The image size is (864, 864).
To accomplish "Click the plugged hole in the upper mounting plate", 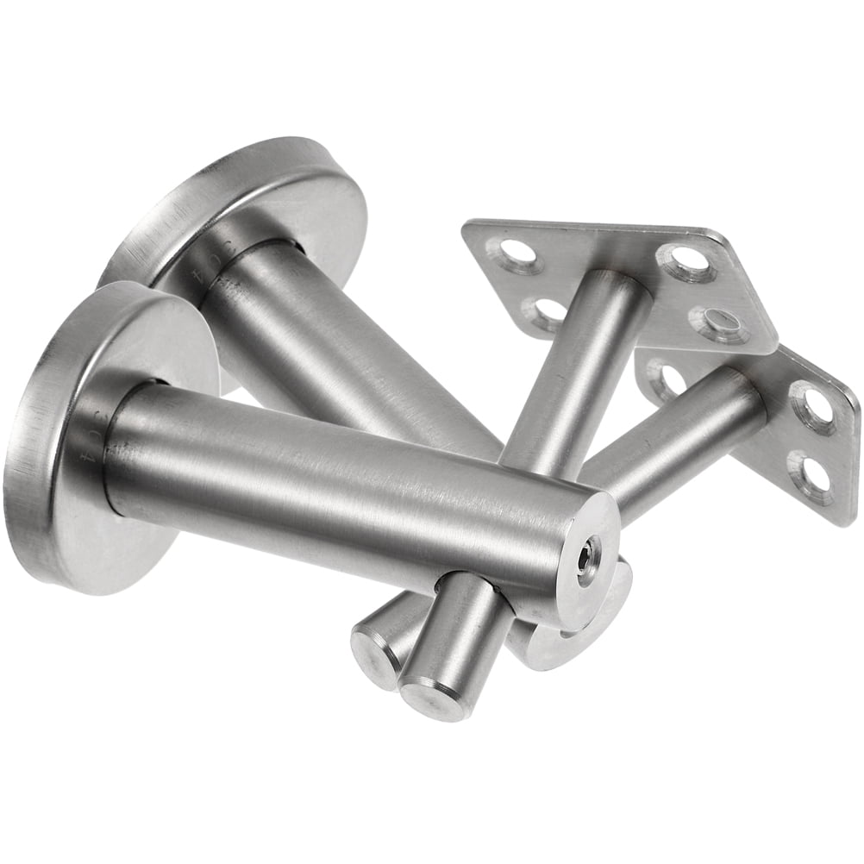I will click(713, 323).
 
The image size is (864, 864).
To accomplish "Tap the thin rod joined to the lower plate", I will click(681, 440).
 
